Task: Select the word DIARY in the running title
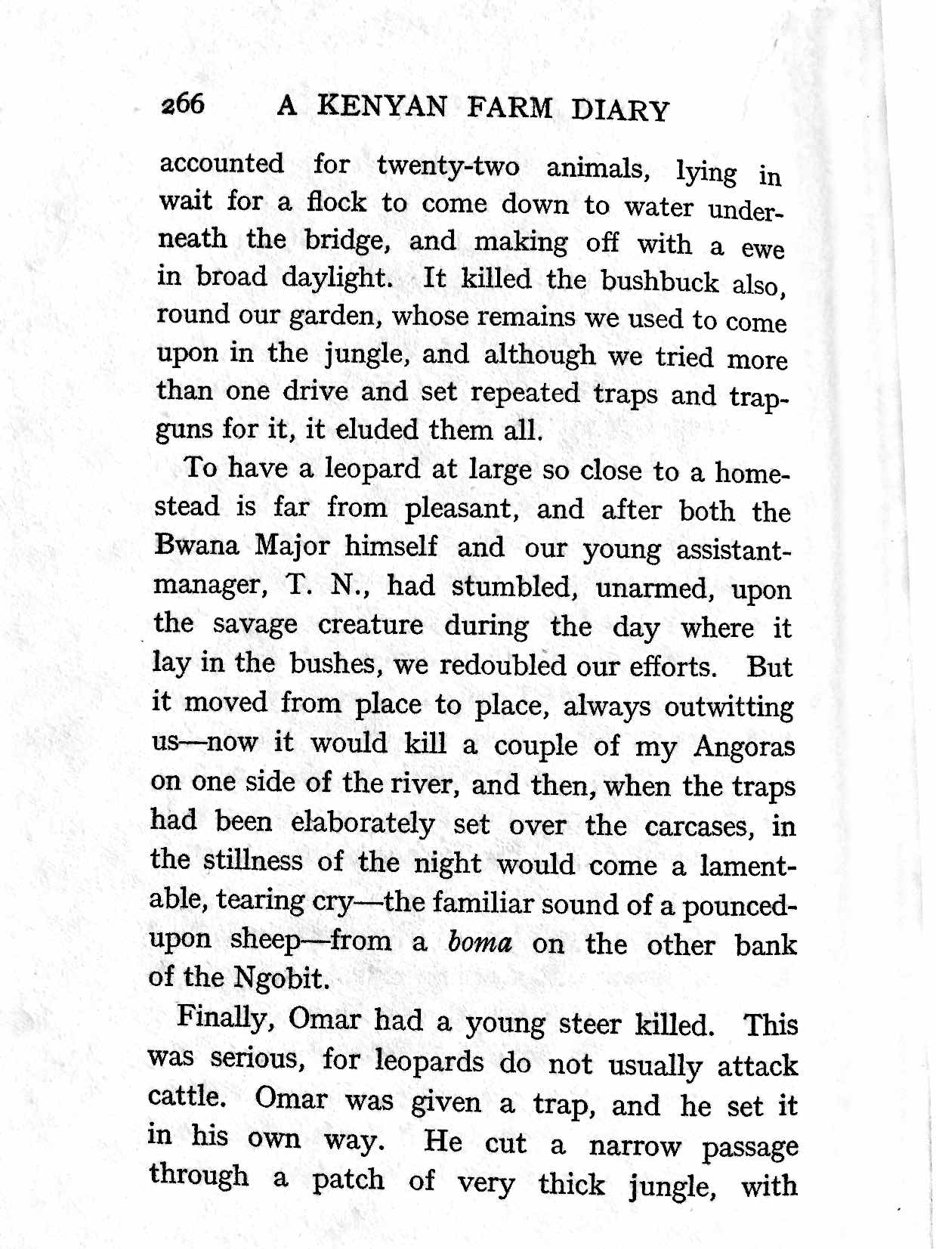(619, 110)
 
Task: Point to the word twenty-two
(448, 166)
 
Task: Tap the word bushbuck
(660, 282)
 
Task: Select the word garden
(332, 317)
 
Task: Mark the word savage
(255, 625)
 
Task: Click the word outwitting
(729, 707)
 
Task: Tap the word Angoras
(744, 747)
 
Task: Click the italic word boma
(480, 943)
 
